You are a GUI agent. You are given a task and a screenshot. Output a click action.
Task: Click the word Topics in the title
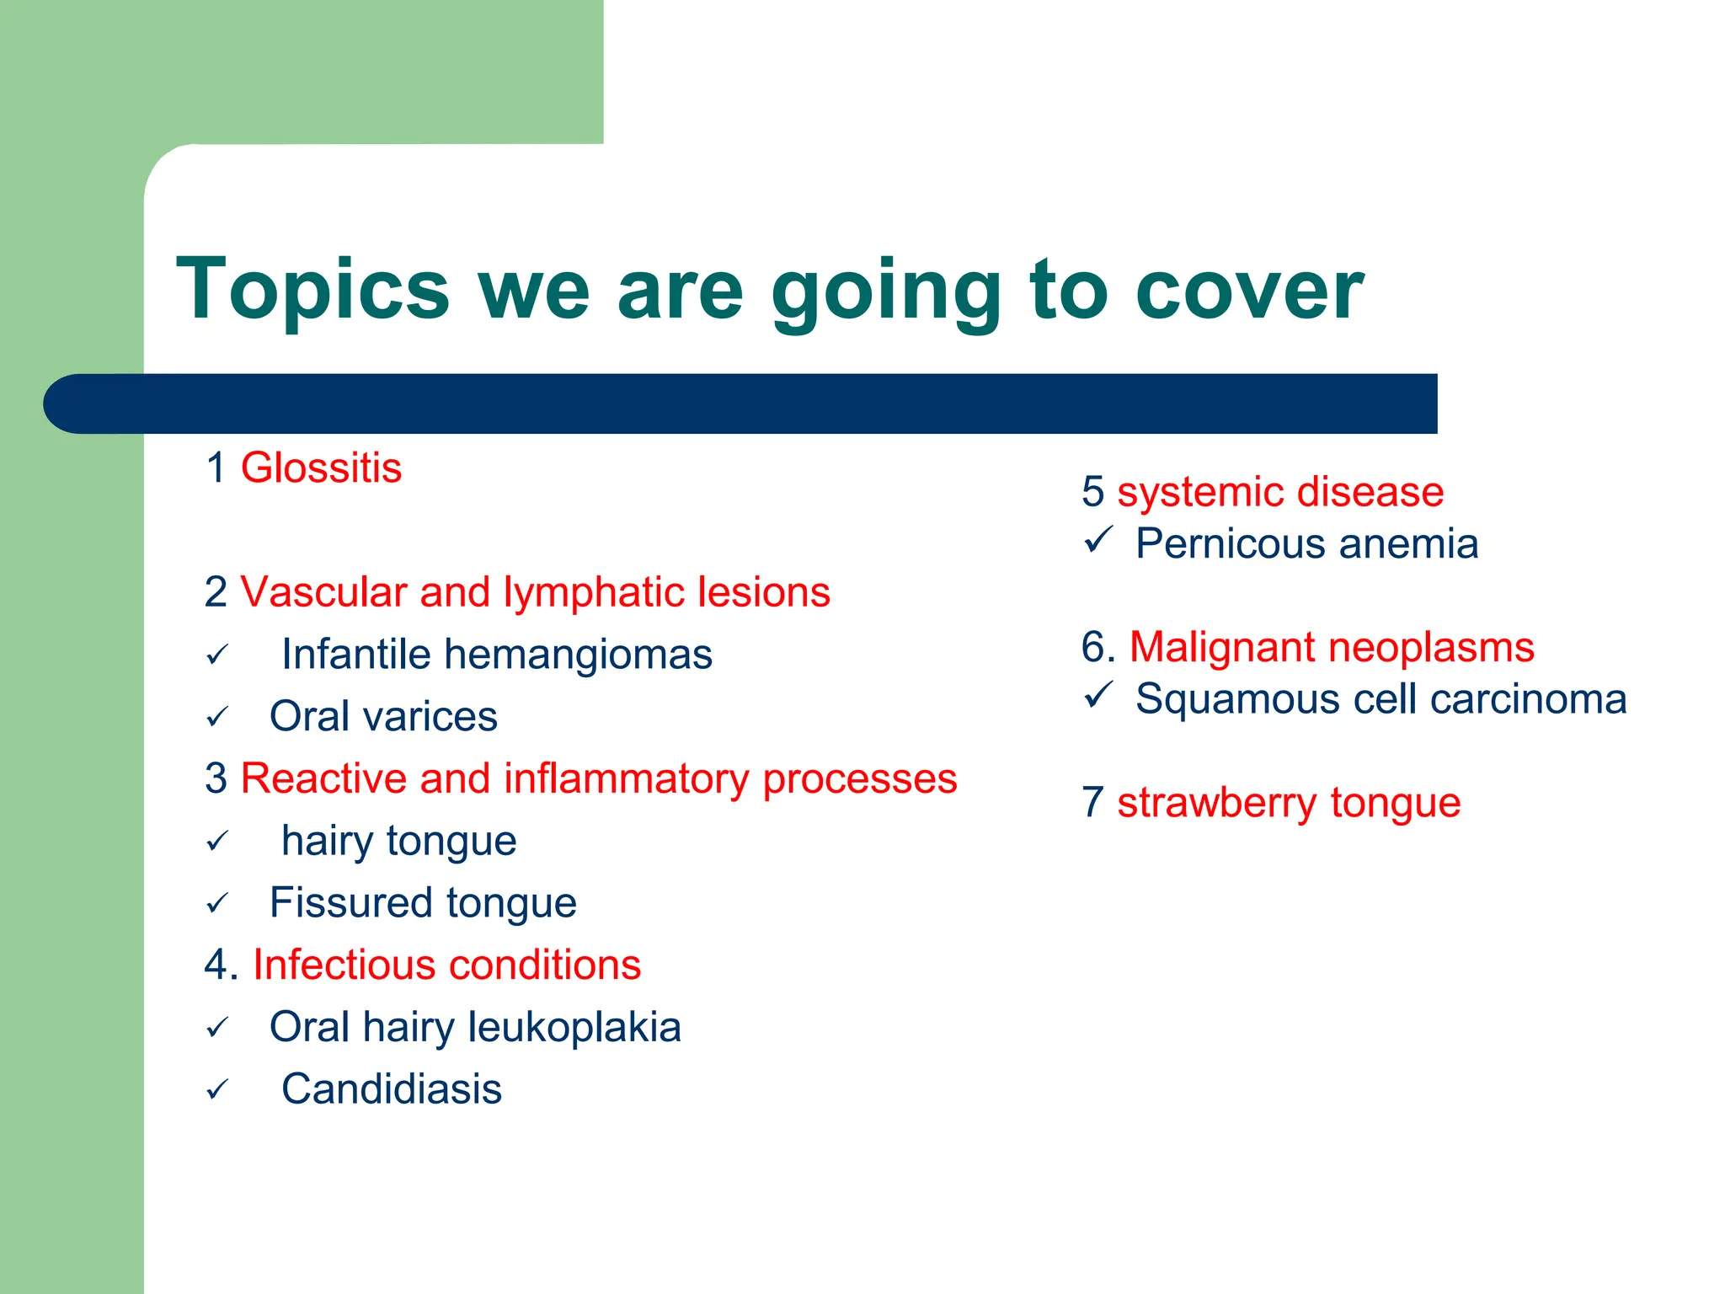[312, 291]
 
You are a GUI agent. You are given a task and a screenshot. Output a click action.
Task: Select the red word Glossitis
[321, 468]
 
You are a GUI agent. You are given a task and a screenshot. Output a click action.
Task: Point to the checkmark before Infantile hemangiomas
[217, 655]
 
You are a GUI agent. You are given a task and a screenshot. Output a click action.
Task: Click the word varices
[430, 717]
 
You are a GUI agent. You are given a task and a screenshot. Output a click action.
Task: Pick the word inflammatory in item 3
[627, 778]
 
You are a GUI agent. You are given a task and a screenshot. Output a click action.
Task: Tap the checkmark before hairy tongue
[217, 841]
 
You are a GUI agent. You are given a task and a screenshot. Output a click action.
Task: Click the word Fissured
[351, 903]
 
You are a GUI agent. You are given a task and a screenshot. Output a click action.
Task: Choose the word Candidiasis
[392, 1089]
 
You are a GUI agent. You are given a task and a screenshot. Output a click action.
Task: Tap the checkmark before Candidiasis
[217, 1090]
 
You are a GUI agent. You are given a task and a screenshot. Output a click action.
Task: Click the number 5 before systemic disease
[1092, 492]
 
